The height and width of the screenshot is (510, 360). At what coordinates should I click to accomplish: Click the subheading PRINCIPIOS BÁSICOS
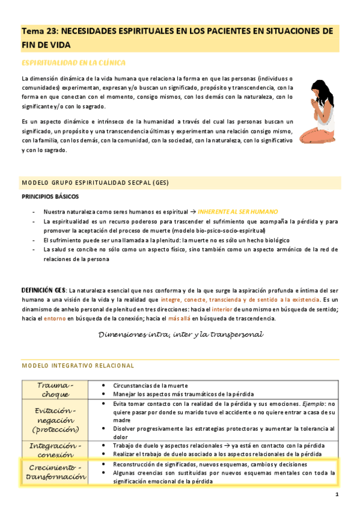[x=50, y=196]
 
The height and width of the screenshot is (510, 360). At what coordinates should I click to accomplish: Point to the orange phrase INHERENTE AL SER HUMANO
[x=238, y=212]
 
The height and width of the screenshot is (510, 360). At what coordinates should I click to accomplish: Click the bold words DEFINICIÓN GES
[x=44, y=290]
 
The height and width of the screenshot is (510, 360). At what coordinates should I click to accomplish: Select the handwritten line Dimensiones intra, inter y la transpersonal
[x=180, y=334]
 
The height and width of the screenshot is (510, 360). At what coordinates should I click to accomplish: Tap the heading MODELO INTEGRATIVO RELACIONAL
[x=78, y=365]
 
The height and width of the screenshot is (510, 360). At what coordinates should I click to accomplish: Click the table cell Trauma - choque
[x=55, y=389]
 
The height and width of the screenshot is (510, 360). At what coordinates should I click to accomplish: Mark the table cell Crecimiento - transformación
[x=55, y=472]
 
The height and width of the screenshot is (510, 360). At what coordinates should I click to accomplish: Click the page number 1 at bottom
[x=337, y=494]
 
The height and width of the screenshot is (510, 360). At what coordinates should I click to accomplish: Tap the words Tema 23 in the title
[x=38, y=31]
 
